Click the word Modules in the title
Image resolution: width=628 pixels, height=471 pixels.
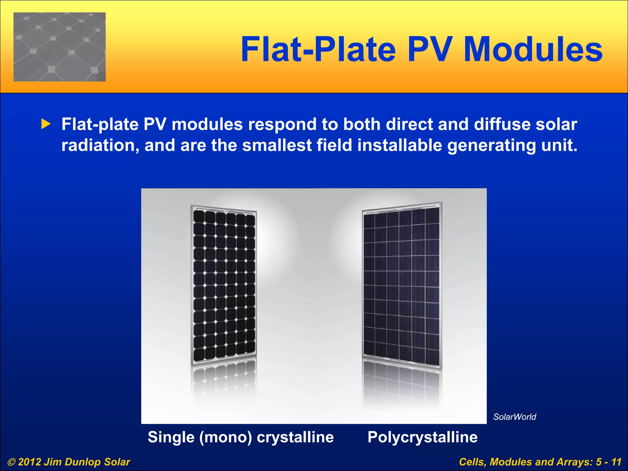coord(533,50)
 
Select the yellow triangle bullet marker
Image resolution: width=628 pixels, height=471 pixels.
coord(46,124)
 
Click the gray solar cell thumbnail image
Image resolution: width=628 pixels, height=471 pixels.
coord(59,47)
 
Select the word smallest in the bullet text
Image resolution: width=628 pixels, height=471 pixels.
coord(277,145)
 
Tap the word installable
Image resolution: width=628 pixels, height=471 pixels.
coord(400,145)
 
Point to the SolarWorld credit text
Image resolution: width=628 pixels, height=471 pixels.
coord(515,417)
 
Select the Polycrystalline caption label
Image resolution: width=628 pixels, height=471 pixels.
coord(422,437)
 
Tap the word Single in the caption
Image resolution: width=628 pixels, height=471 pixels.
coord(171,437)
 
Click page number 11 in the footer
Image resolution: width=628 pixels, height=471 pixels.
coord(616,462)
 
